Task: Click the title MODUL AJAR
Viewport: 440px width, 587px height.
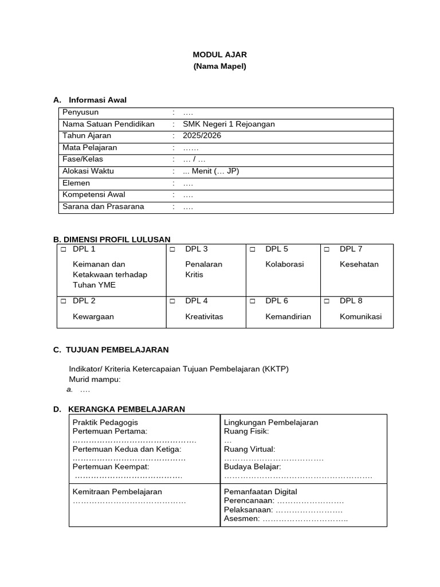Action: pyautogui.click(x=219, y=54)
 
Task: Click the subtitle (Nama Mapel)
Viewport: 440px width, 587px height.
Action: pyautogui.click(x=219, y=66)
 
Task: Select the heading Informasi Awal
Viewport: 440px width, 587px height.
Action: pyautogui.click(x=97, y=100)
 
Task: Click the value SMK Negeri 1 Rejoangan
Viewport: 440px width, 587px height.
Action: pyautogui.click(x=229, y=124)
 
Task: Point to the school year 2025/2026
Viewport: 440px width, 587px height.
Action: pyautogui.click(x=202, y=136)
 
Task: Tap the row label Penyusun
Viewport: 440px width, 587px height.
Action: pyautogui.click(x=80, y=112)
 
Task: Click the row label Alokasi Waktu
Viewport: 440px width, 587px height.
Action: pyautogui.click(x=88, y=171)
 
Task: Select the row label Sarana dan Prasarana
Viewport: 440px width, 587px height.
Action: pyautogui.click(x=103, y=206)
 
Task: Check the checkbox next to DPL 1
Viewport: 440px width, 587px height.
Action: pyautogui.click(x=64, y=249)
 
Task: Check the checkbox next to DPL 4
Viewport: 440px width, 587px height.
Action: pyautogui.click(x=172, y=301)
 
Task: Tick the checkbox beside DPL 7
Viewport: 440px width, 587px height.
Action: pyautogui.click(x=327, y=249)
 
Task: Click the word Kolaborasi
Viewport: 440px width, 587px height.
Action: pyautogui.click(x=285, y=264)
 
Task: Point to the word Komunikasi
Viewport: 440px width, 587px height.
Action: pyautogui.click(x=360, y=316)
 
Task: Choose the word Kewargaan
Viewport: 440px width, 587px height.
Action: pyautogui.click(x=93, y=316)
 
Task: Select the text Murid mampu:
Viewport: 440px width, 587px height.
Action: pyautogui.click(x=95, y=379)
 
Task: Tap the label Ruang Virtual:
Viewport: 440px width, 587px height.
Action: pyautogui.click(x=249, y=449)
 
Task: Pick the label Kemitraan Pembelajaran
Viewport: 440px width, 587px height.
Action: pyautogui.click(x=117, y=492)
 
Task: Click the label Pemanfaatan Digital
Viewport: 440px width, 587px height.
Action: pyautogui.click(x=260, y=492)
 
